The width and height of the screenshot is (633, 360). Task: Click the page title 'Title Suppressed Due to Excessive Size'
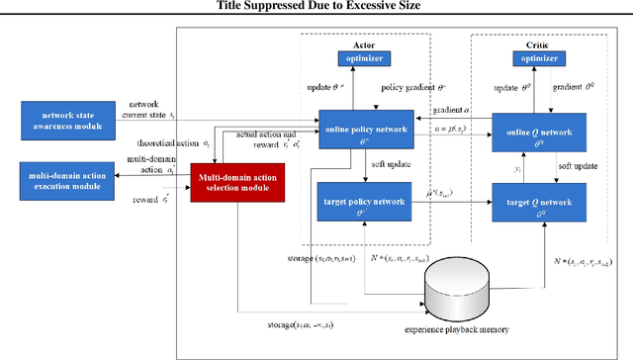[x=316, y=7]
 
